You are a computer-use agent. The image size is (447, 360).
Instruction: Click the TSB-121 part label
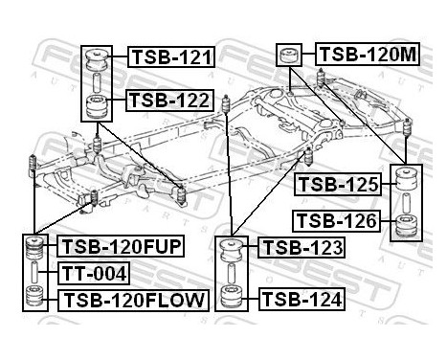tap(170, 57)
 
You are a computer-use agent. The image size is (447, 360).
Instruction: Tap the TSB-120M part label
tap(367, 55)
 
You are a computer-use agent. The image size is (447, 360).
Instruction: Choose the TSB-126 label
tap(337, 222)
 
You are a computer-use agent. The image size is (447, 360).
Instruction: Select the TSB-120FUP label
tap(121, 248)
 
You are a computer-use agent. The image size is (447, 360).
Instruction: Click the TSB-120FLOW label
tap(133, 301)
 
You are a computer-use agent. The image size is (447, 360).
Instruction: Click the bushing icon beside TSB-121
tap(97, 63)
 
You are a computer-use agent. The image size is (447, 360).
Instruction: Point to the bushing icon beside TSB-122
tap(97, 104)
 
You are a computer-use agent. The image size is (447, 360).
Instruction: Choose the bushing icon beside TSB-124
tap(231, 296)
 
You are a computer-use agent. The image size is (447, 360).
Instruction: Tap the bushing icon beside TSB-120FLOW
tap(37, 300)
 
